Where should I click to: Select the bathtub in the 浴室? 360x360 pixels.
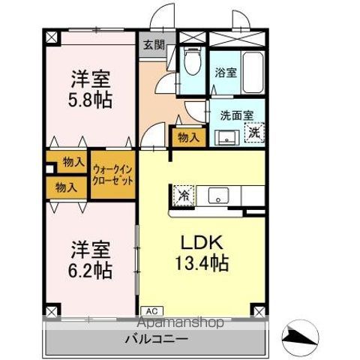(x=253, y=73)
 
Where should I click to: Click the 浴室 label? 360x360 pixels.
(x=226, y=73)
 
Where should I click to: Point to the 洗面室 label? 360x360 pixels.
(x=237, y=115)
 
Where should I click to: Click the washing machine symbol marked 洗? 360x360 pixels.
(x=254, y=133)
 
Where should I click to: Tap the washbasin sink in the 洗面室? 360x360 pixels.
(x=226, y=138)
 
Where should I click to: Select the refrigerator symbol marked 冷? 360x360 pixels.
(x=184, y=196)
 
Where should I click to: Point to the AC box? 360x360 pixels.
(x=152, y=311)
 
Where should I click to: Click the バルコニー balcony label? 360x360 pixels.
(x=157, y=339)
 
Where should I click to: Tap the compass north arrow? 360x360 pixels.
(x=300, y=336)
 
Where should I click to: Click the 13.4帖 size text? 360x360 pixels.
(x=202, y=262)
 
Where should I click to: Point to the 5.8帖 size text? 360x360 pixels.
(x=90, y=100)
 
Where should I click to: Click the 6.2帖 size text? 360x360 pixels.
(x=90, y=271)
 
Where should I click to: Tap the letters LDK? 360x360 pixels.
(x=202, y=242)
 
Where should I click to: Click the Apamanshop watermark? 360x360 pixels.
(x=181, y=322)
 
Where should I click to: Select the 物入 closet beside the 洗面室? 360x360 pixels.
(x=189, y=137)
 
